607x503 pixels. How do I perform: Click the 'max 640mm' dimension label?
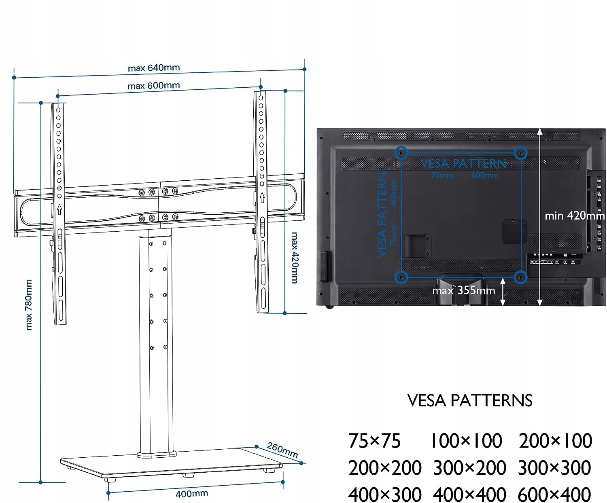pos(154,68)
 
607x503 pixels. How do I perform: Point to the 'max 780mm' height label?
pos(29,304)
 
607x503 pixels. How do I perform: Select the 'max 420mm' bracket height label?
pos(295,258)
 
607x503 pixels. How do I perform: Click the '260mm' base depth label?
pos(282,450)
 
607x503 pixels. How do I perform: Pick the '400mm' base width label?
pos(191,493)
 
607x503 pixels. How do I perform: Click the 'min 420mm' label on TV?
pos(575,216)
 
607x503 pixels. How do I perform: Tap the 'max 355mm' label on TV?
pos(464,290)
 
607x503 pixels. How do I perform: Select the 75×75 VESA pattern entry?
pos(375,441)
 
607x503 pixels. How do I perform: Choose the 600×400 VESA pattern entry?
pos(554,494)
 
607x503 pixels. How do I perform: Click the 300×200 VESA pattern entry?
pos(469,468)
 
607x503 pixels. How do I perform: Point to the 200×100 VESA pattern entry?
pos(555,441)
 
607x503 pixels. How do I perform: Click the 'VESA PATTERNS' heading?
pos(470,400)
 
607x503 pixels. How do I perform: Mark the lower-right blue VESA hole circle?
pos(520,277)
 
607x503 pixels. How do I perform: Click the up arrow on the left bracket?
pos(59,209)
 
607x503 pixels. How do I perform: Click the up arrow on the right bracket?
pos(262,197)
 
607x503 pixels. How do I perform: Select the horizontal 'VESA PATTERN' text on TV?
pos(464,163)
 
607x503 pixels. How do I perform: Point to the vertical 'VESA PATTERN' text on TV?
pos(382,215)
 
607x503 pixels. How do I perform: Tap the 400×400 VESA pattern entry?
pos(469,494)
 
